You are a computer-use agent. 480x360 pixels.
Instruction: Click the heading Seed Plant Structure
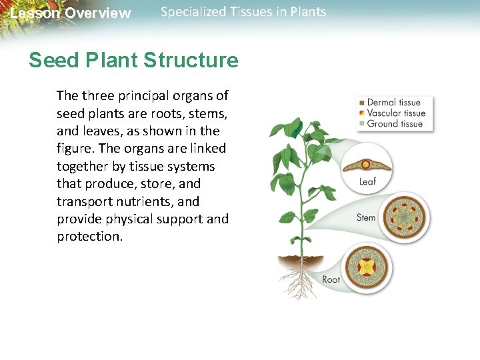pos(133,61)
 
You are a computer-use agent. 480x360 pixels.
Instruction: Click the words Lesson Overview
pos(71,13)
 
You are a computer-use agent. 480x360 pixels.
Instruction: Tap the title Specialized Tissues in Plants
pos(243,12)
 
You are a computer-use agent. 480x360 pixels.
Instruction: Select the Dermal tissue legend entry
pos(393,103)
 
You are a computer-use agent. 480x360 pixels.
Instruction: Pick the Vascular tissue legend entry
pos(395,113)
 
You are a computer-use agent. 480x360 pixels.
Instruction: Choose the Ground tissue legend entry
pos(395,123)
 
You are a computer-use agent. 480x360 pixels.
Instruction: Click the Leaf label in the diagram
pos(368,181)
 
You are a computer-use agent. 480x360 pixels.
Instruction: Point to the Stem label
pos(366,217)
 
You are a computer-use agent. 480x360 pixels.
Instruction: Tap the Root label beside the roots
pos(331,279)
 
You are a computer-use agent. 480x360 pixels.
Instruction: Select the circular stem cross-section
pos(403,217)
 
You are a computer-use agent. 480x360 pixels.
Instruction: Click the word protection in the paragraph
pos(90,237)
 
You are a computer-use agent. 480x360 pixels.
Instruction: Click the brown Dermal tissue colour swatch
pos(361,103)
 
